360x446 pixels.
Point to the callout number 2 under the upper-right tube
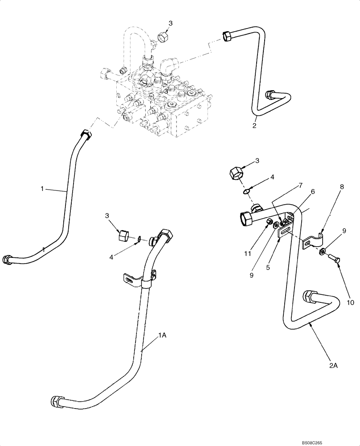click(x=254, y=126)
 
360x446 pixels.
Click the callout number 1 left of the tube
click(x=42, y=189)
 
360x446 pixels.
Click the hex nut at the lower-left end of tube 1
click(x=8, y=259)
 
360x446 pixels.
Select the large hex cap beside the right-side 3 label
click(x=237, y=173)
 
